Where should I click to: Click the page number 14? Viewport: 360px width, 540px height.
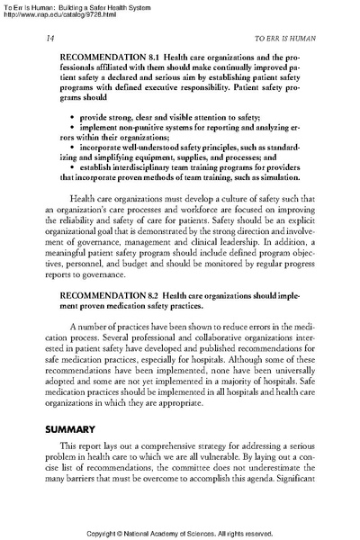point(47,40)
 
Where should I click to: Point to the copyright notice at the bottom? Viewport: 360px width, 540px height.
point(179,533)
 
